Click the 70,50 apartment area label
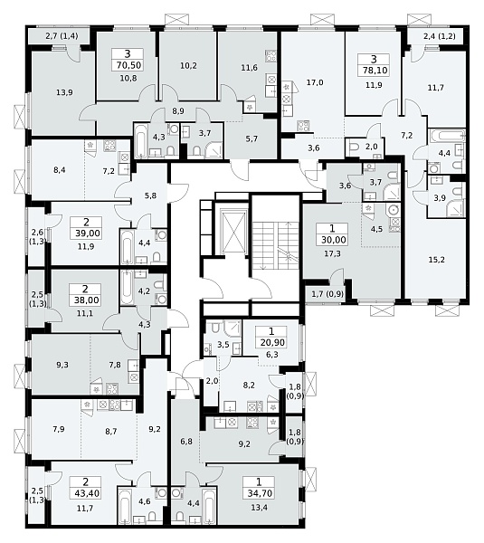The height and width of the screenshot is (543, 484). pyautogui.click(x=128, y=65)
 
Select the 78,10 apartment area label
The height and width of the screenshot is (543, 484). pyautogui.click(x=374, y=71)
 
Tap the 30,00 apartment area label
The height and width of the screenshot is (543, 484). pyautogui.click(x=332, y=240)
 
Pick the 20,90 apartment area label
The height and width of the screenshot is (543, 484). pyautogui.click(x=271, y=342)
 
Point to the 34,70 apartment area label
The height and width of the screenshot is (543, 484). pyautogui.click(x=259, y=493)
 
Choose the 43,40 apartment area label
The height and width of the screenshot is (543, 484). pyautogui.click(x=86, y=493)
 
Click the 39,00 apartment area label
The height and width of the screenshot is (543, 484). pyautogui.click(x=87, y=233)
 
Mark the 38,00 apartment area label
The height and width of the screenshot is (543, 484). pyautogui.click(x=86, y=300)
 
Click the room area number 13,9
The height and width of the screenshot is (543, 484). pyautogui.click(x=64, y=92)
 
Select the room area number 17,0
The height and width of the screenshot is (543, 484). pyautogui.click(x=315, y=82)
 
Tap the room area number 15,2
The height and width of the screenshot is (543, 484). pyautogui.click(x=437, y=260)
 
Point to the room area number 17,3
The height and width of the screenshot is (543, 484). pyautogui.click(x=332, y=253)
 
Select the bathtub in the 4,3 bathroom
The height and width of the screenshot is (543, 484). pyautogui.click(x=141, y=140)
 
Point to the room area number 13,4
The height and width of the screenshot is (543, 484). pyautogui.click(x=260, y=508)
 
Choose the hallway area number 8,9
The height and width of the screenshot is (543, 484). pyautogui.click(x=178, y=111)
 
